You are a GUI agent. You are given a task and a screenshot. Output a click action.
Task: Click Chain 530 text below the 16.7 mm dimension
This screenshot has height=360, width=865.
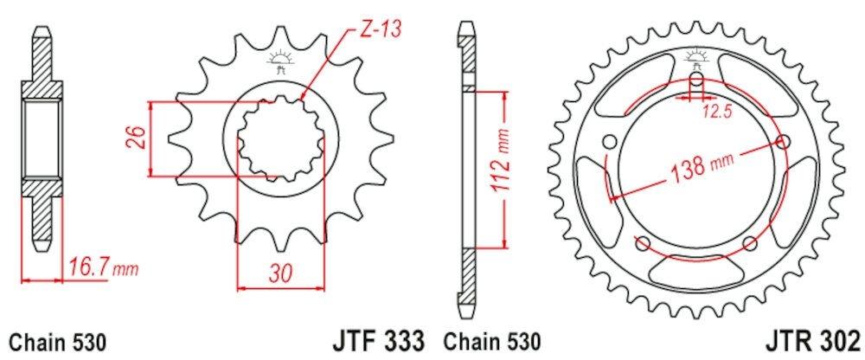tap(57, 340)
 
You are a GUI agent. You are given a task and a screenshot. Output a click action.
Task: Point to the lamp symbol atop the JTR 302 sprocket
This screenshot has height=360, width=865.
tap(697, 59)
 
